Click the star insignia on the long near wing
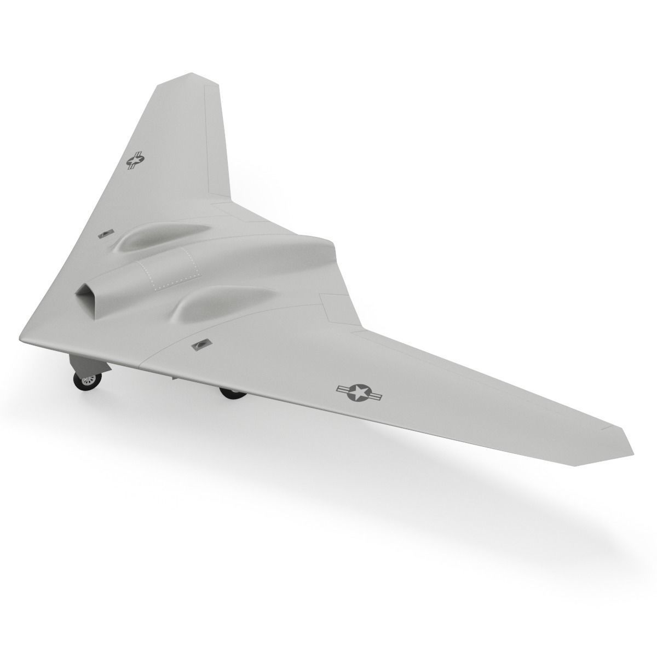pos(360,391)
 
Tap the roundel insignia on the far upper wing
pos(135,160)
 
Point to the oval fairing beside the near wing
pos(219,302)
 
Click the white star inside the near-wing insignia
pos(360,391)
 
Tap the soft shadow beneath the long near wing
pos(465,493)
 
